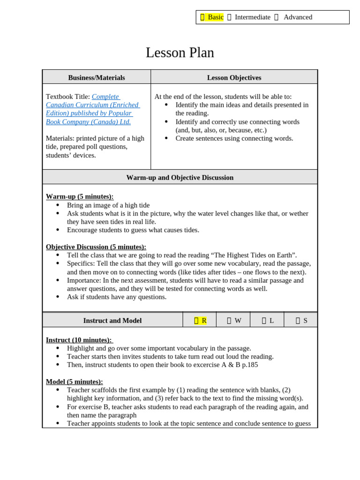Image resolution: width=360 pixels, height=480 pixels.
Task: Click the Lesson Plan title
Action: click(180, 53)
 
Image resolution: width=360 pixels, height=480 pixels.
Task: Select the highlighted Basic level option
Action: click(212, 17)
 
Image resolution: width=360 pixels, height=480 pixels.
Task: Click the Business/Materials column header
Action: click(97, 77)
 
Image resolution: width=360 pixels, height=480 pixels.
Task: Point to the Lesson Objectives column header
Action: click(234, 77)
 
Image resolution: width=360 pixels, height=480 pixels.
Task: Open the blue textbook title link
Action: click(92, 109)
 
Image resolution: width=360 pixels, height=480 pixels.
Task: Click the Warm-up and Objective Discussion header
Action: click(180, 177)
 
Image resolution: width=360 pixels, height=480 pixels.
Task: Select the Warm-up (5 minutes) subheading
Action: click(80, 196)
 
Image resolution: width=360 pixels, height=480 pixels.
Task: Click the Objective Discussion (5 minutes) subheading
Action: click(96, 247)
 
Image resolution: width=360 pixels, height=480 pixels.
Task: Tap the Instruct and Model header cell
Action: click(112, 321)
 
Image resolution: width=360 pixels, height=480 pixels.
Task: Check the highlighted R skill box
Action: click(200, 321)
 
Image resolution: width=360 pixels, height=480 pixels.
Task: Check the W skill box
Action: click(234, 321)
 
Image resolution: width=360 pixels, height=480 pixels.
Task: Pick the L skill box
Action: click(268, 321)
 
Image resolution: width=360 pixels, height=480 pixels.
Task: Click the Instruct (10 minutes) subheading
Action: click(79, 340)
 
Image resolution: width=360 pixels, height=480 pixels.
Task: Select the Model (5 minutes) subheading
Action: click(74, 382)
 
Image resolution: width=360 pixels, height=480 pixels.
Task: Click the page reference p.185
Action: click(249, 365)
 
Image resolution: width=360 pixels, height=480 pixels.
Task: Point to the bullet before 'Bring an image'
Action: click(58, 205)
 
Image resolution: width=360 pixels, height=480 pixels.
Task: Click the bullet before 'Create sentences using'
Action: click(166, 138)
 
